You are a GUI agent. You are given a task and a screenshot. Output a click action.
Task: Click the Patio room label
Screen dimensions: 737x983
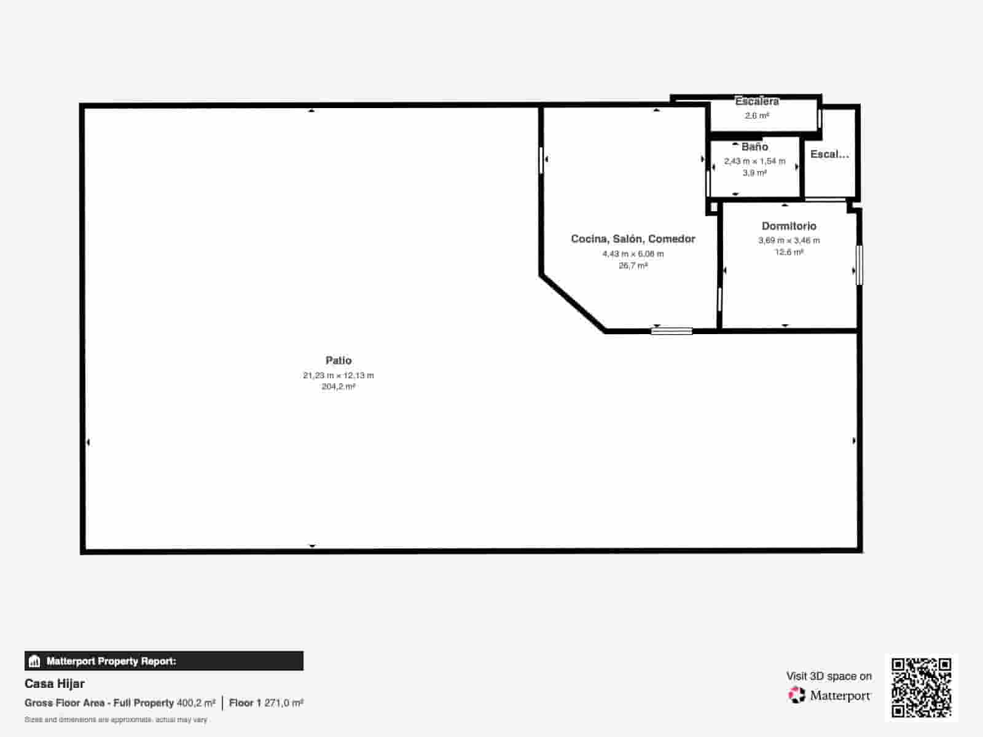tap(339, 361)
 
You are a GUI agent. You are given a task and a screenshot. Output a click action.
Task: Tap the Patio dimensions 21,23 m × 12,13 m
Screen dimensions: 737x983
tap(339, 375)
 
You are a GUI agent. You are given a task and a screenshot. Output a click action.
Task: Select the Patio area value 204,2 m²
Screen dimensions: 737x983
tap(339, 387)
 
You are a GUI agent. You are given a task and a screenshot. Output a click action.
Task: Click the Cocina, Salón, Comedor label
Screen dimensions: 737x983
tap(633, 239)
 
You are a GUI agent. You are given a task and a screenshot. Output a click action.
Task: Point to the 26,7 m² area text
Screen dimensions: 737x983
tap(633, 266)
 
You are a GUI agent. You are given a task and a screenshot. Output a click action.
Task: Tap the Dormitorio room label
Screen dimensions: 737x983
tap(789, 226)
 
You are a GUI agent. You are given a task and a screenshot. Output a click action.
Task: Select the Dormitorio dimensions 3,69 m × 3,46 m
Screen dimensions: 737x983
tap(789, 241)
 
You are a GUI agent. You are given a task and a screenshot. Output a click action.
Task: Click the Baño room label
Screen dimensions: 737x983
tap(754, 147)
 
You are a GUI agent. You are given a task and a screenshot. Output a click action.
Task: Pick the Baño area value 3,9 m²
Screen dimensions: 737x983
tap(754, 173)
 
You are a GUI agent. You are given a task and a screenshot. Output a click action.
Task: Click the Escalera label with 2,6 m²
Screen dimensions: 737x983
tap(757, 102)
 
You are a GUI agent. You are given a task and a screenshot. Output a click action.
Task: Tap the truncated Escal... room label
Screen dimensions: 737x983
tap(829, 154)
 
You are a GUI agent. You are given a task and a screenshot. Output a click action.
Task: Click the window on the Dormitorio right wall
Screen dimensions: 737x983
tap(859, 265)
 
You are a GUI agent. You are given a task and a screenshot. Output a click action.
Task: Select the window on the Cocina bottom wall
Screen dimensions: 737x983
tap(672, 331)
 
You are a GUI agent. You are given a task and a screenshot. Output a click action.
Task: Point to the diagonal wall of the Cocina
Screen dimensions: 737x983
tap(573, 304)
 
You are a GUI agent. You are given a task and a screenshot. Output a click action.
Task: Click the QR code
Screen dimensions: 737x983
tap(921, 687)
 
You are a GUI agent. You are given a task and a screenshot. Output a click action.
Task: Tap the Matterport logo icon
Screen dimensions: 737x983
tap(797, 695)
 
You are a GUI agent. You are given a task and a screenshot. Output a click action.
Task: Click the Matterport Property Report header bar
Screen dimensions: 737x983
tap(164, 661)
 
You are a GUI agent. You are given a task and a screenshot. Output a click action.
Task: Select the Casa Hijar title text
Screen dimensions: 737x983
tap(55, 684)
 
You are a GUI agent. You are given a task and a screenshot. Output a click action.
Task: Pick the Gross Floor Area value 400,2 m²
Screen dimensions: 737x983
tap(196, 703)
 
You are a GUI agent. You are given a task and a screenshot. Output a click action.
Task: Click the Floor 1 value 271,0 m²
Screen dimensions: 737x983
tap(283, 703)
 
